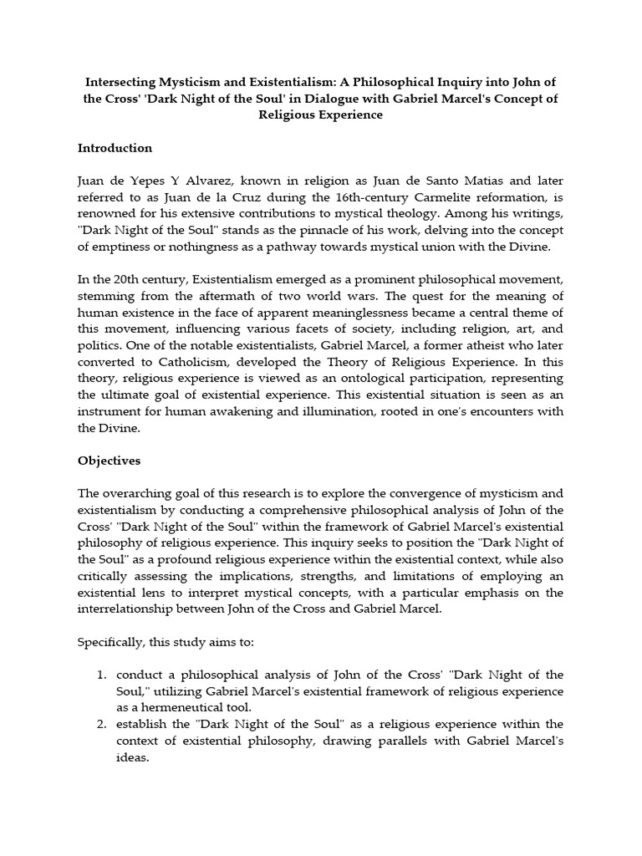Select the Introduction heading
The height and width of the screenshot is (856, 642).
click(115, 148)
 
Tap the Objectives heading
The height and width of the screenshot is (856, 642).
click(109, 461)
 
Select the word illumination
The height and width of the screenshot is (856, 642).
click(320, 411)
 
